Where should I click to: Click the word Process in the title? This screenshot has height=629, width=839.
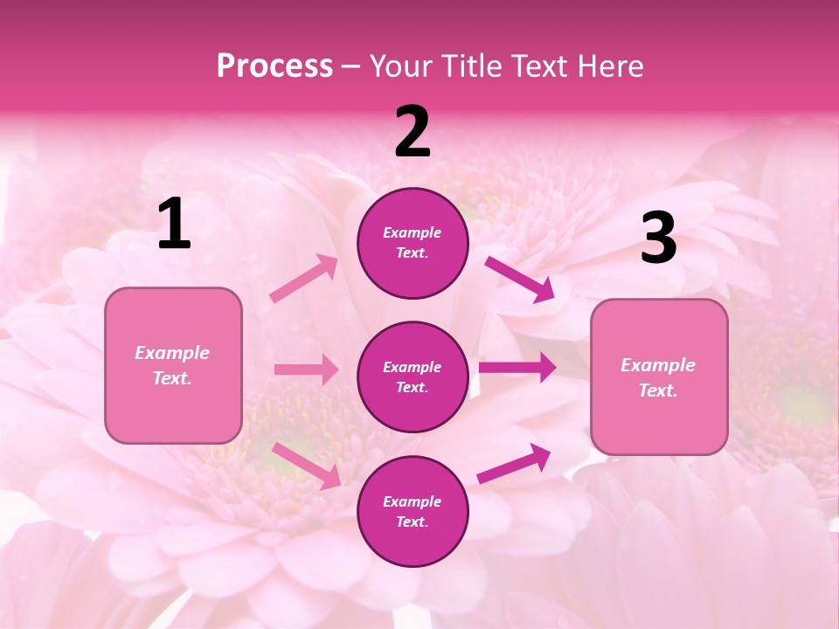[274, 66]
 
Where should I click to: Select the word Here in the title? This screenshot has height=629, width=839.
[608, 66]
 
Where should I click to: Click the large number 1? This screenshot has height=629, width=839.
[174, 225]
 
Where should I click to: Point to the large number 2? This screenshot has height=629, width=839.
[413, 132]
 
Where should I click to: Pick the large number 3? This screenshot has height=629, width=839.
[658, 238]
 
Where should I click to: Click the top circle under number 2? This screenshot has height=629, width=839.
[413, 243]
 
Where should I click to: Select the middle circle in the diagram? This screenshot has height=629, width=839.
[413, 377]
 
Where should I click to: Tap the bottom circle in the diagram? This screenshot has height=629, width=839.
[413, 511]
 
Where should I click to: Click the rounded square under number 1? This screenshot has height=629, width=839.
[173, 365]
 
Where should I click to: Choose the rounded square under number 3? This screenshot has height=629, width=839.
[659, 377]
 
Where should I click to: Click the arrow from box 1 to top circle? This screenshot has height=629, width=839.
[304, 279]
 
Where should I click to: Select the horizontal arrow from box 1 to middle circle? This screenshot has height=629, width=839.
[306, 370]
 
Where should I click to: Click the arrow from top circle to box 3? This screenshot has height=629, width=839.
[520, 279]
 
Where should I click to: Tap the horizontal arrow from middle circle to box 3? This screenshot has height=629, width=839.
[517, 367]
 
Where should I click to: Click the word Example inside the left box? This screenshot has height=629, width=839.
[172, 353]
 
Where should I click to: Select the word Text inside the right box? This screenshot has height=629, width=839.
[657, 391]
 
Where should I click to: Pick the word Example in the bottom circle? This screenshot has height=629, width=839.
[413, 501]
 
